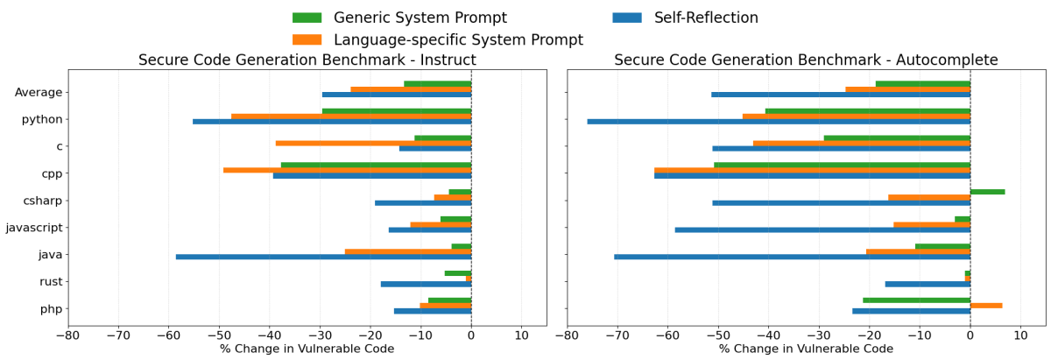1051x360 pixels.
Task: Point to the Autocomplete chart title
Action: tap(806, 60)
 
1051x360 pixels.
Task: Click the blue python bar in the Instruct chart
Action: tap(332, 122)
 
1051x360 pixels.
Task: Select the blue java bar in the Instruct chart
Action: tap(323, 257)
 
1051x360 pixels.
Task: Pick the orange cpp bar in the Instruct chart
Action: tap(347, 170)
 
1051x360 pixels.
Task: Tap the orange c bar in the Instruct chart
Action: tap(373, 143)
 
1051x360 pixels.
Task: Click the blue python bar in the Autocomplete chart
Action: tap(779, 122)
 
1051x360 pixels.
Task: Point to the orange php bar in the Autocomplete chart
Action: tap(986, 306)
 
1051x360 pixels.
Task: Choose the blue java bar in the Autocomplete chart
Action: tap(792, 257)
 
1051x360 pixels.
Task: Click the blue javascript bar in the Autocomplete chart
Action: tap(822, 229)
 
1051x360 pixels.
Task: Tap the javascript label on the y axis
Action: tap(33, 228)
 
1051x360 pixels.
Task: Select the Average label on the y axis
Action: tap(39, 92)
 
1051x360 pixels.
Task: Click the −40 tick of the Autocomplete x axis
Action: tap(769, 335)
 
